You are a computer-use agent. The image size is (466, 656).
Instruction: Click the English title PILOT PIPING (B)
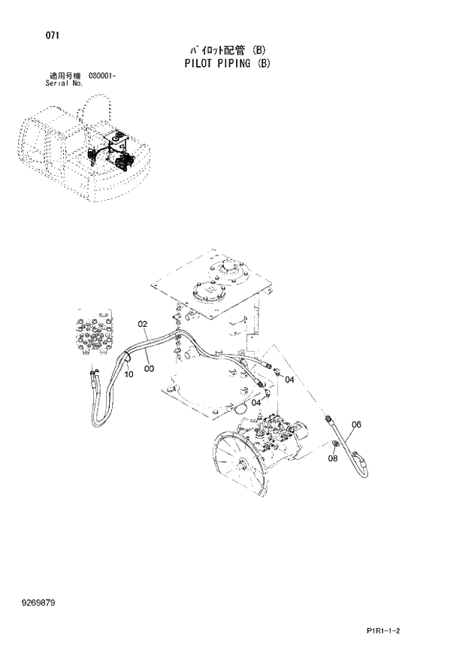(x=226, y=64)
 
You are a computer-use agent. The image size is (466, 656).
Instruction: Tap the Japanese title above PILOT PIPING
(x=226, y=50)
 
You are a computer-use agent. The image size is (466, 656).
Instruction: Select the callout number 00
(x=150, y=368)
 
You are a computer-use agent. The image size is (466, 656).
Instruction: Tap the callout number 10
(x=129, y=374)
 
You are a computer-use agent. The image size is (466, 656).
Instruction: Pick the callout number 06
(x=356, y=425)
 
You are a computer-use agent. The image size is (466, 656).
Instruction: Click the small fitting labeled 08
(x=332, y=449)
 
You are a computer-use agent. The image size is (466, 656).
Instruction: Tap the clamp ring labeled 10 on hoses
(x=126, y=362)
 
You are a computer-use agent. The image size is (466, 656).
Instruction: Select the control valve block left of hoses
(x=94, y=332)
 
